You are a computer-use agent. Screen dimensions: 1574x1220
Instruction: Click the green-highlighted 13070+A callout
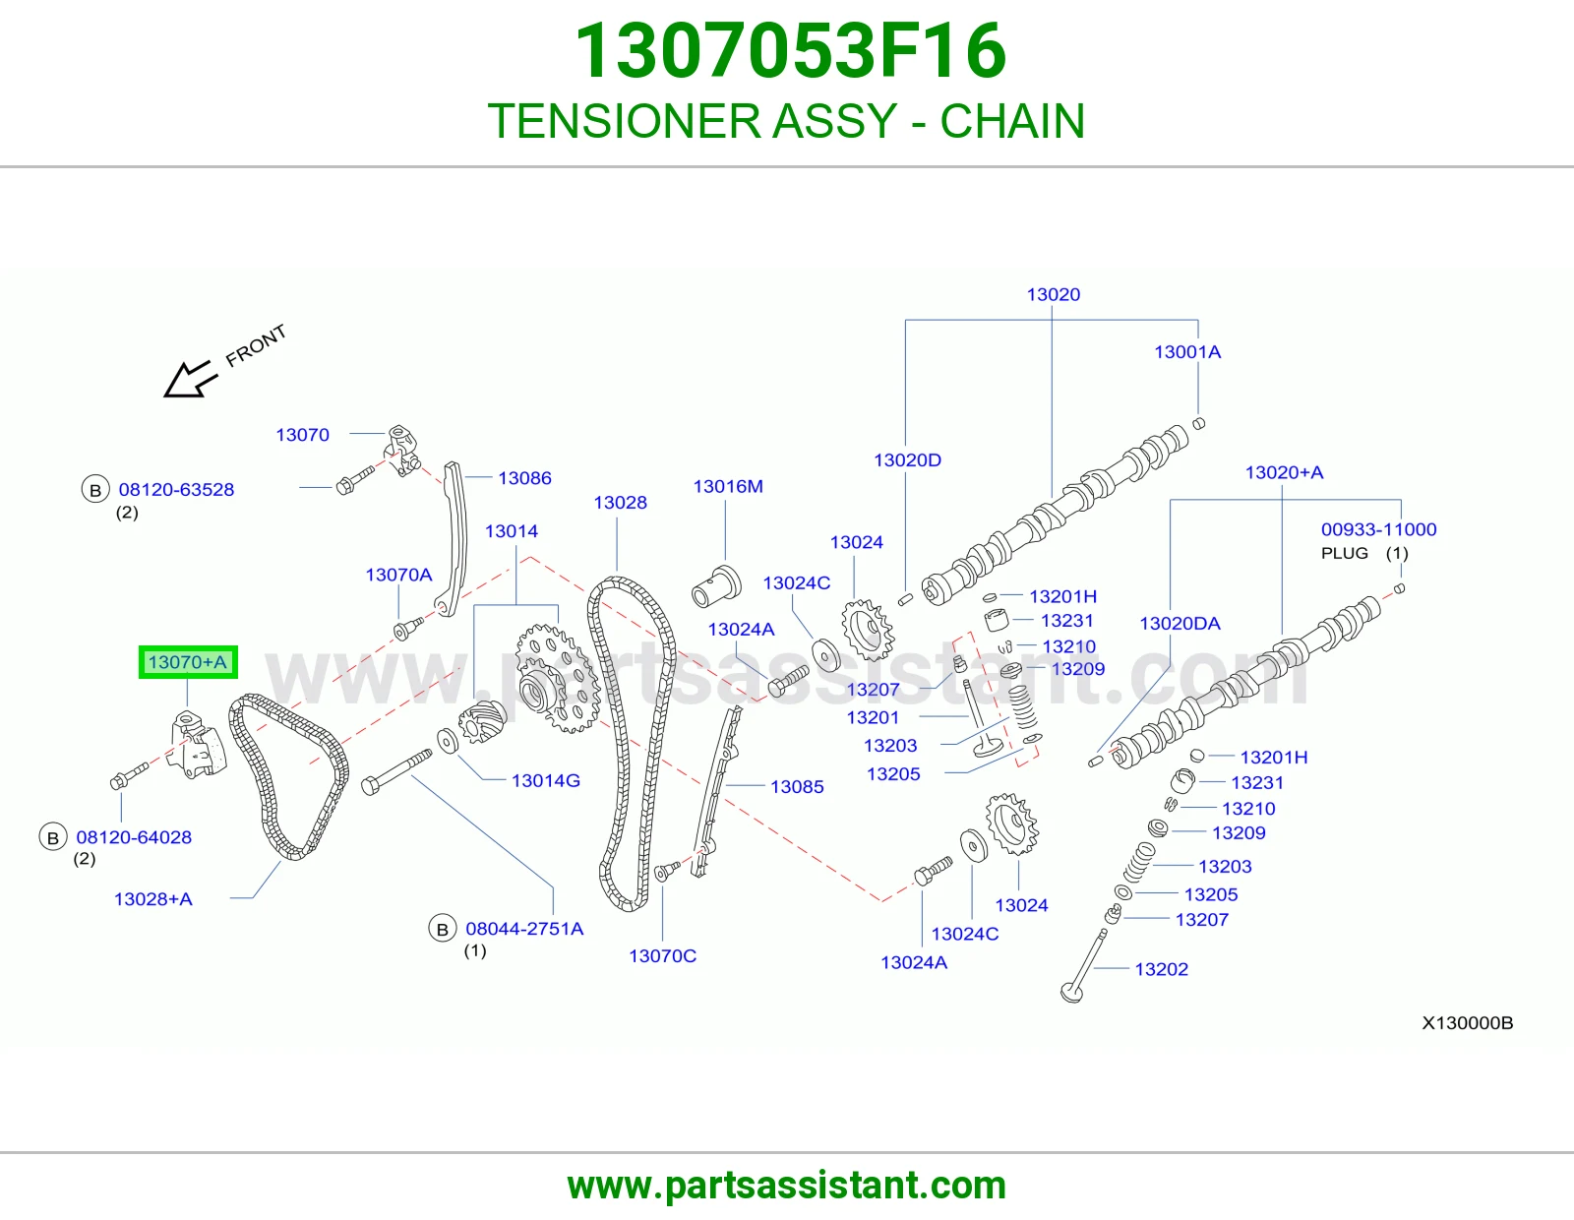pos(188,662)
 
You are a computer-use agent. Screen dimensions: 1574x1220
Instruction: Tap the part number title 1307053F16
pos(790,51)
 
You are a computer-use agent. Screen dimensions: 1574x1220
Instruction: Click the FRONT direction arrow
pos(190,379)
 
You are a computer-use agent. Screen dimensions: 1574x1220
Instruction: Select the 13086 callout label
pos(524,478)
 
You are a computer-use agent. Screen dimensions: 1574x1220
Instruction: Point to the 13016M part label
pos(728,486)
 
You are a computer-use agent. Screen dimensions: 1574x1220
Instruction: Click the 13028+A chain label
pos(152,899)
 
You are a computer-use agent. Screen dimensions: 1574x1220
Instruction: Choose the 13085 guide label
pos(797,787)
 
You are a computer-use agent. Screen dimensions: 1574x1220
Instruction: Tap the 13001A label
pos(1187,352)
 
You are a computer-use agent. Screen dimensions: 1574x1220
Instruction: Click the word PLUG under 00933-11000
pos(1345,553)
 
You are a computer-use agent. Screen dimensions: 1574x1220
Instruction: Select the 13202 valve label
pos(1161,969)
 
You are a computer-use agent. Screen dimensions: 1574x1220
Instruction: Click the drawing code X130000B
pos(1468,1023)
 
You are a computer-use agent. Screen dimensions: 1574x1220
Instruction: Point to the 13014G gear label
pos(545,780)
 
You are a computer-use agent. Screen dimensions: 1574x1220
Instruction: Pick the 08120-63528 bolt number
pos(176,490)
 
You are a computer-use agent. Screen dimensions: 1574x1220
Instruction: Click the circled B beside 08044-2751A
pos(443,929)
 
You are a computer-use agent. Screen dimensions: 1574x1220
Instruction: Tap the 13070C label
pos(662,956)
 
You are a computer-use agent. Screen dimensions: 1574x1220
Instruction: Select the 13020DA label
pos(1180,624)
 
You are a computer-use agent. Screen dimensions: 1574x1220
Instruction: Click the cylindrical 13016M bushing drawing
pos(716,585)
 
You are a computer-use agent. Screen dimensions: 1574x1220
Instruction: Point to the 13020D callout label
pos(907,460)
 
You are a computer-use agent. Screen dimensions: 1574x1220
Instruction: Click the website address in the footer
pos(787,1186)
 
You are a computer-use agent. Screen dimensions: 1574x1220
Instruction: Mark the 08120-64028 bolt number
pos(134,837)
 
